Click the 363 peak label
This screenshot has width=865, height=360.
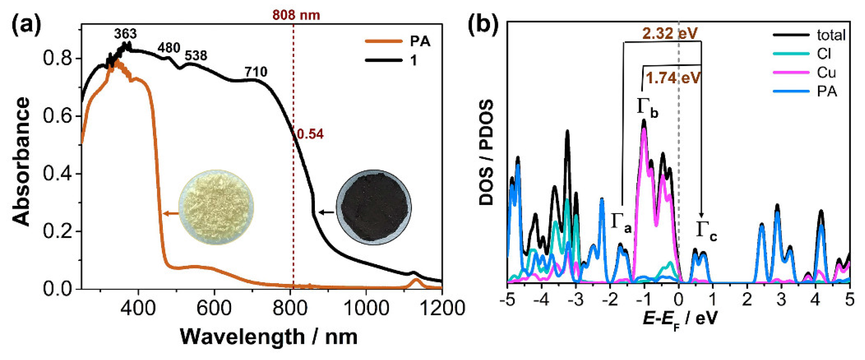[125, 34]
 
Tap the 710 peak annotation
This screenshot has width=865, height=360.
[256, 72]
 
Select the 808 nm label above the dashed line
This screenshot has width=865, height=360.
[296, 15]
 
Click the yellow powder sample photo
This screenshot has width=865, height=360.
[216, 207]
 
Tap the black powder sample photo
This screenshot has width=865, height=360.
[373, 207]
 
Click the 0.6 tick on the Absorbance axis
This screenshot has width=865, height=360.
[57, 116]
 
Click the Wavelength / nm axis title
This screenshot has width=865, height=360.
[269, 337]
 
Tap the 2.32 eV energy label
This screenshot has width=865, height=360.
[670, 33]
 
